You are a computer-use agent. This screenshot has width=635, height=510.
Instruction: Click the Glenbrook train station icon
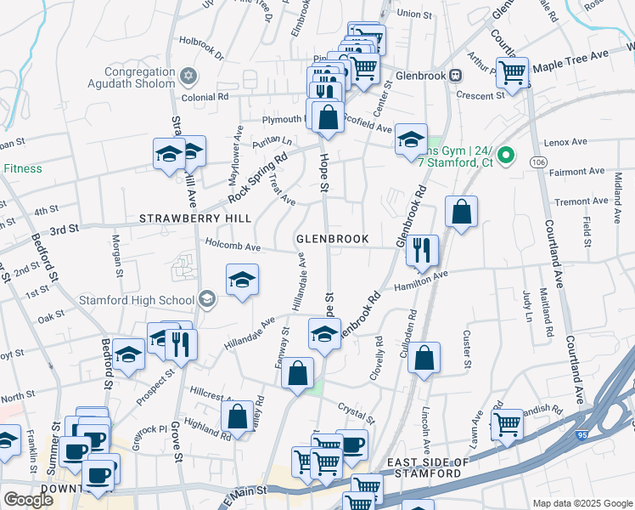point(456,75)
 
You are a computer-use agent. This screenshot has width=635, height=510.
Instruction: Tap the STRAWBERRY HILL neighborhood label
point(195,218)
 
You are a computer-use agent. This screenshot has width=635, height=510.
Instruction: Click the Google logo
point(28,500)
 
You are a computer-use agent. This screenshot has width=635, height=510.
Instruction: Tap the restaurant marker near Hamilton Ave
point(422,250)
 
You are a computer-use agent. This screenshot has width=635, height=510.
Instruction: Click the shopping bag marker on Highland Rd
point(238,416)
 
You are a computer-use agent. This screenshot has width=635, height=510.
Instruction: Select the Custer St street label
point(467,350)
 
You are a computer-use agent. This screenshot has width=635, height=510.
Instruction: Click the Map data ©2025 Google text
point(582,503)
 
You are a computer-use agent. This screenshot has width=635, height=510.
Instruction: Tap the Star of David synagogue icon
point(189,76)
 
